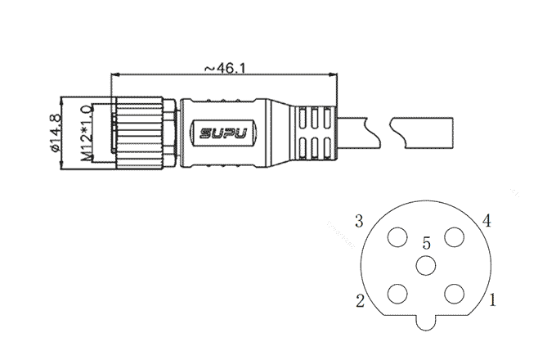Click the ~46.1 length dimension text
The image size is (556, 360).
coord(225,68)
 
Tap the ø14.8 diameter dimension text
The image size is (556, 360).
coord(56,133)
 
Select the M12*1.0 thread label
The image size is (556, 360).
coord(87,133)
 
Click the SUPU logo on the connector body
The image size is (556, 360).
coord(223,133)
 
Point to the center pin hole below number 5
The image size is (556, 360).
coord(426,266)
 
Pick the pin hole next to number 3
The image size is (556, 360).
coord(397,237)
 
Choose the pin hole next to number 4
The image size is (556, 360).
coord(455,237)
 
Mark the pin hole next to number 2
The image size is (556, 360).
coord(397,294)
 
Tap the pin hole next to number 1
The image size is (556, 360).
coord(455,294)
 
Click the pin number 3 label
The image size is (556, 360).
coord(359,222)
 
